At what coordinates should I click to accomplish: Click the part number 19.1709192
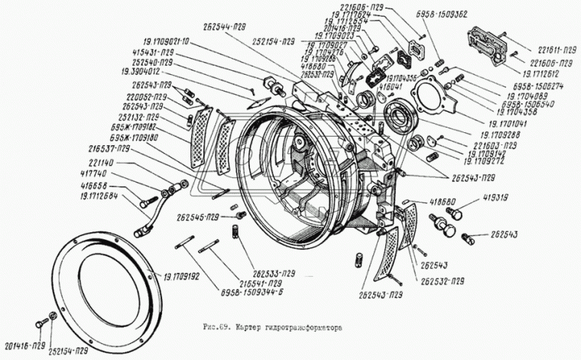181,277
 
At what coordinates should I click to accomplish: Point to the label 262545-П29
203,216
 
